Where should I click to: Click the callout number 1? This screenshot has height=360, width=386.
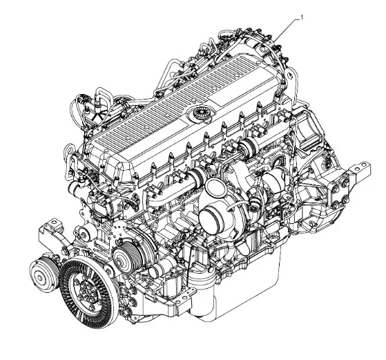[302, 17]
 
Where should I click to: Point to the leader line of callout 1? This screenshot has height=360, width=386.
[287, 30]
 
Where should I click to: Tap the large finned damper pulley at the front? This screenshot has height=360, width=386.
[88, 292]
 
